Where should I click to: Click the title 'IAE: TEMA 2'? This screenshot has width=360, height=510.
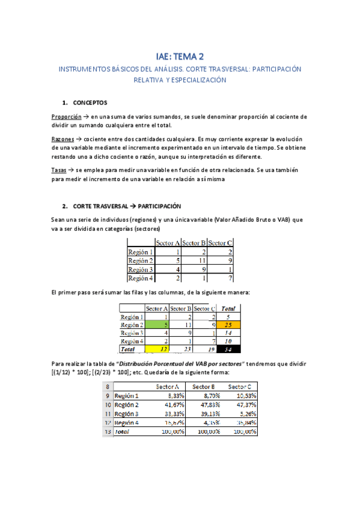tap(180, 57)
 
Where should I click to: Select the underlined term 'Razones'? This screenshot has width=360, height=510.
tap(63, 139)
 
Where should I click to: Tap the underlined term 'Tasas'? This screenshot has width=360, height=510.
tap(59, 170)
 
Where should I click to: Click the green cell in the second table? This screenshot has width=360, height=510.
tap(157, 324)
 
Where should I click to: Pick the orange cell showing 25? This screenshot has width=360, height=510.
tap(229, 324)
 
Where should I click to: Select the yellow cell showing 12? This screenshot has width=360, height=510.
tap(157, 349)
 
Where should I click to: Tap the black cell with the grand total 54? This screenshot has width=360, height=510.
tap(229, 349)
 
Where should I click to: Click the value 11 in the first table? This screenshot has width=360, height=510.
tap(194, 260)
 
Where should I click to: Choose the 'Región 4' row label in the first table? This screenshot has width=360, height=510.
tap(141, 278)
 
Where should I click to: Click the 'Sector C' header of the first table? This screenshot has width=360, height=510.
tap(221, 242)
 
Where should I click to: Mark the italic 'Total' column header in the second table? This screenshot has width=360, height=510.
tap(229, 307)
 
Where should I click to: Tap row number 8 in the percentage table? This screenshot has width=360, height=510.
tap(107, 387)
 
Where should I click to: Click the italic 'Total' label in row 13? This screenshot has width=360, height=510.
tap(123, 432)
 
